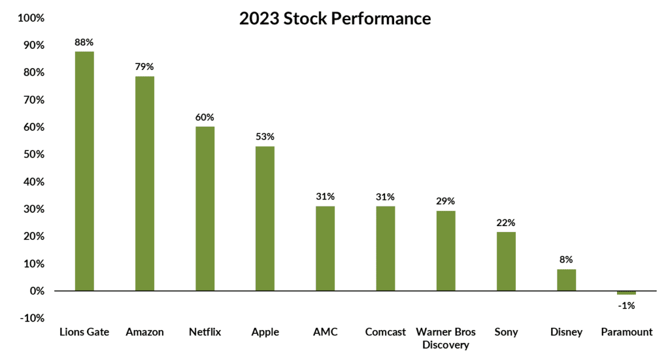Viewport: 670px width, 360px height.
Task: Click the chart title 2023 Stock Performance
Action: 334,19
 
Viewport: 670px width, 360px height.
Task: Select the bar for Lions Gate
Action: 84,171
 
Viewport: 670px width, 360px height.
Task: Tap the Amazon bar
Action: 144,183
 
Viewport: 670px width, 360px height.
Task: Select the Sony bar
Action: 506,261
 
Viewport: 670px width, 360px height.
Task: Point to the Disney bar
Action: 566,280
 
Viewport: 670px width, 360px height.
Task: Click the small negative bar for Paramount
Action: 626,293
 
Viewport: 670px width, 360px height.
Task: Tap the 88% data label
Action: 84,43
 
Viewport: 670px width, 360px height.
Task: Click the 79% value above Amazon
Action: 144,66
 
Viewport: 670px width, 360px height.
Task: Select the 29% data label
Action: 446,201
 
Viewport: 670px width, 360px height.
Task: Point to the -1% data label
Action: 626,306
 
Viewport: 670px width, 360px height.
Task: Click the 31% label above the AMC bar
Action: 325,197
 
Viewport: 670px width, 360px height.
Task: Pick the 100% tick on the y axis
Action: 31,18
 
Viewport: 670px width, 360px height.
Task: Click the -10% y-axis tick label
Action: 31,318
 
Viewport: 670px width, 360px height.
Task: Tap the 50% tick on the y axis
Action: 33,155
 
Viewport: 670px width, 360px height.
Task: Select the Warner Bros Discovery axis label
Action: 446,339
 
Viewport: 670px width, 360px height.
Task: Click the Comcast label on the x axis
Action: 386,332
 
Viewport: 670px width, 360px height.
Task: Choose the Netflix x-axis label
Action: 205,332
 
